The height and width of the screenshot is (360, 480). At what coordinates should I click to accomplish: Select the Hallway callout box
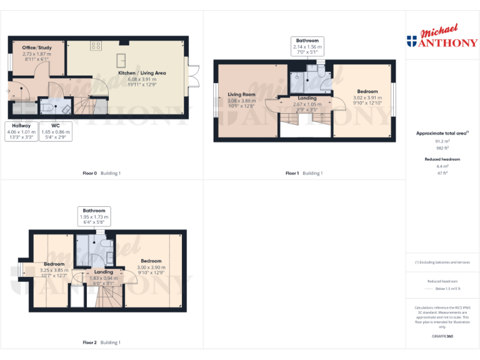(x=21, y=132)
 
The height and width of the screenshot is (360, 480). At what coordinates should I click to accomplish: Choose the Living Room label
(x=241, y=101)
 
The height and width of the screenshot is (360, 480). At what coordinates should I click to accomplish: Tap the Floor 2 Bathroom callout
(x=94, y=216)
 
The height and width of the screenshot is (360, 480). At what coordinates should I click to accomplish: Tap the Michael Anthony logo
(x=442, y=38)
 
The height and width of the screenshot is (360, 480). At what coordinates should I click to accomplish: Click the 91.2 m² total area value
(x=442, y=141)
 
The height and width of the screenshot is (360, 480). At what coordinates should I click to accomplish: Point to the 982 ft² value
(x=442, y=148)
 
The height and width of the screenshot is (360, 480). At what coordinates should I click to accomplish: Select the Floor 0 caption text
(x=101, y=173)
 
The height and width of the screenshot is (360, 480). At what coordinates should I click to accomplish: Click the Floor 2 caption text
(x=101, y=342)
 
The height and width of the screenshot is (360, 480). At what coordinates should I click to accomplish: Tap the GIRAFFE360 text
(x=442, y=336)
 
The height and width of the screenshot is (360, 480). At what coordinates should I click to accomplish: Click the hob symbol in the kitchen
(x=97, y=46)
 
